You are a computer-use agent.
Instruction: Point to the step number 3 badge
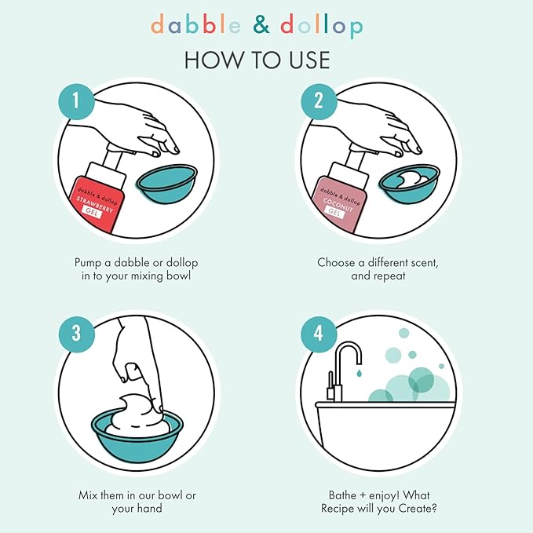coord(76,332)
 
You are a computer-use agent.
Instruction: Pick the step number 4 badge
coord(319,332)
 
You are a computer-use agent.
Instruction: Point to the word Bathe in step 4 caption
coord(344,495)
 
